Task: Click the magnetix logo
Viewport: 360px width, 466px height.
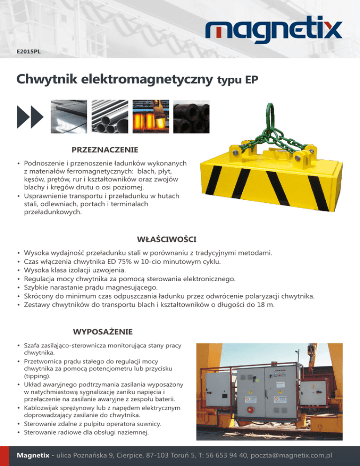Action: click(x=274, y=31)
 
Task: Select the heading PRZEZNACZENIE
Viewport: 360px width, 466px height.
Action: click(x=105, y=150)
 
